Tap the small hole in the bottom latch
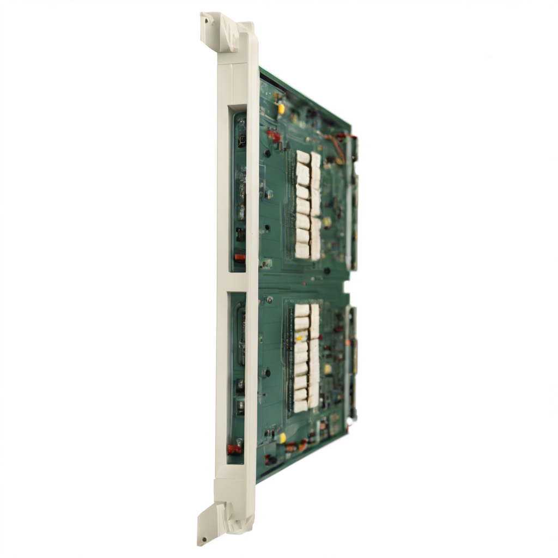coord(204,539)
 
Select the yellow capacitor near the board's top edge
coord(281,108)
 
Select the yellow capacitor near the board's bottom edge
coord(282,438)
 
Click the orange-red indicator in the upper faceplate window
coord(239,257)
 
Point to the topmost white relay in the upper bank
coord(303,157)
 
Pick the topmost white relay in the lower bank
coord(302,310)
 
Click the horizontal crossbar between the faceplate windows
coord(238,282)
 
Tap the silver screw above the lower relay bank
coord(269,299)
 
